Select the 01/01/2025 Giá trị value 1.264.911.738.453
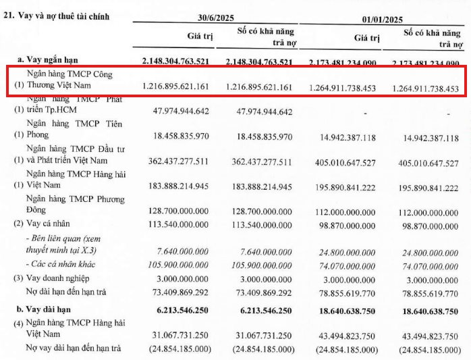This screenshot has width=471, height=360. click(342, 88)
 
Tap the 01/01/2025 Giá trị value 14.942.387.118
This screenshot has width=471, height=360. click(347, 138)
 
